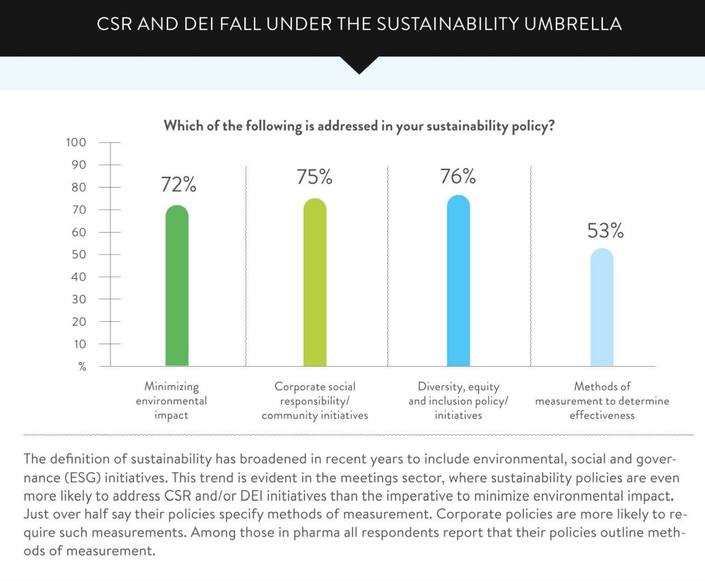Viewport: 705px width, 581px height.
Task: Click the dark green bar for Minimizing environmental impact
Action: (177, 286)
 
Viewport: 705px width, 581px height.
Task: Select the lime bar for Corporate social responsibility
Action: (315, 282)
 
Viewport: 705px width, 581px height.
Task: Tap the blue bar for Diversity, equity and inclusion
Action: (458, 280)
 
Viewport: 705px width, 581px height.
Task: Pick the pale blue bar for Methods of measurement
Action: (602, 307)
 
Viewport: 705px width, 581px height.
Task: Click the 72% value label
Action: (178, 184)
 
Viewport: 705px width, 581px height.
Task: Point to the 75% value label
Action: (314, 177)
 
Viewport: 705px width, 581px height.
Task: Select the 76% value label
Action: (458, 177)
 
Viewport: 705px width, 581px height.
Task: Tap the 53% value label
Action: (605, 231)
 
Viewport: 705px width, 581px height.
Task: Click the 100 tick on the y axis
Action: (76, 142)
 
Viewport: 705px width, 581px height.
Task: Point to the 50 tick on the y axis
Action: (79, 254)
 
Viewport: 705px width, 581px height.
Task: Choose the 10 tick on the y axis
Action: (80, 344)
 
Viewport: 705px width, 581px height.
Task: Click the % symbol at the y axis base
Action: (82, 367)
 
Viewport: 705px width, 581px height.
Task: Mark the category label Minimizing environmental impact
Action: (171, 401)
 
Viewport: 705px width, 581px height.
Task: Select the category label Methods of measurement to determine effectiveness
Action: (602, 401)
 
